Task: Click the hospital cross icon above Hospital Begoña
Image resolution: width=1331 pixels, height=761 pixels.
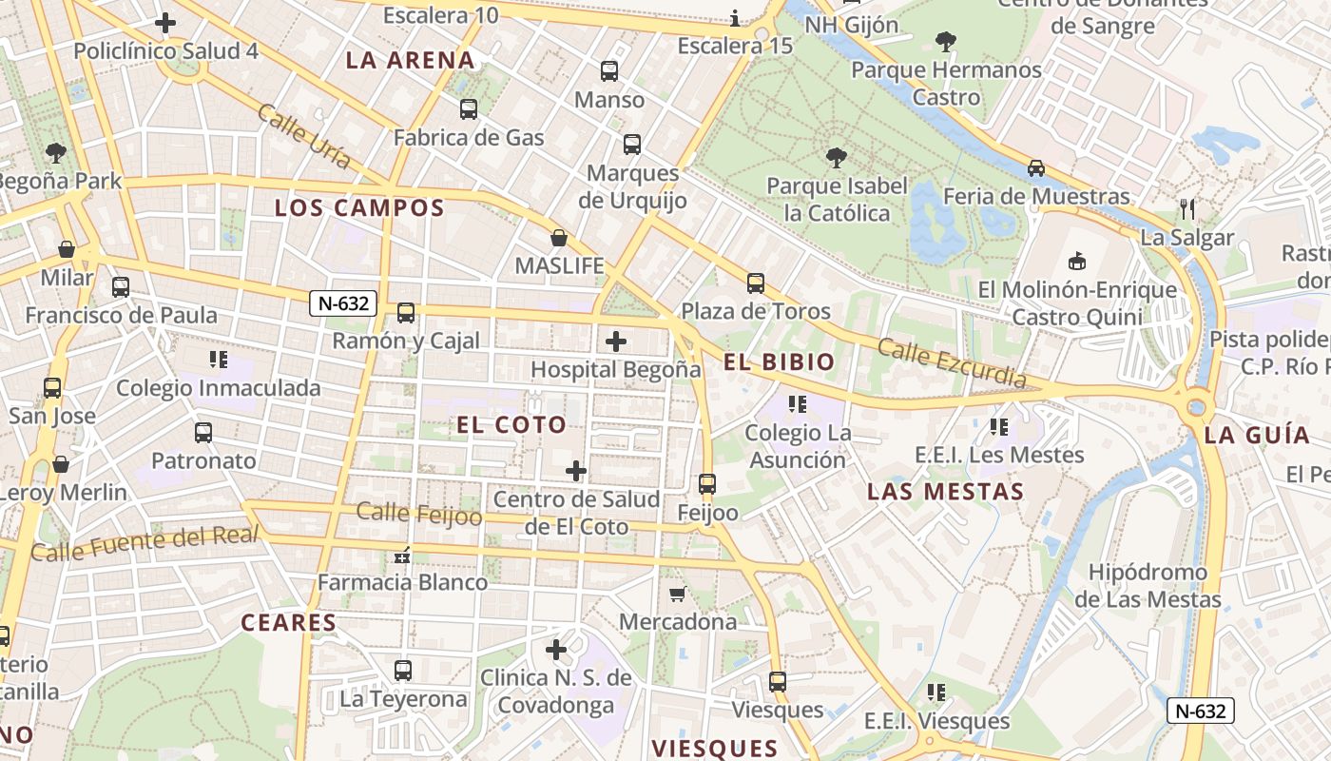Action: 616,341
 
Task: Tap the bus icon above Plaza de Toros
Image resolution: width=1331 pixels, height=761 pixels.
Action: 756,283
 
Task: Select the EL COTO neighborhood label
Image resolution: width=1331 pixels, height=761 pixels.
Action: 511,424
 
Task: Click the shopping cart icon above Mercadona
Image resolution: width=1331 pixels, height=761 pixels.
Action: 677,594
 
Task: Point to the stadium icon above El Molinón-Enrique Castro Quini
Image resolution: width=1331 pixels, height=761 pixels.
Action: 1077,261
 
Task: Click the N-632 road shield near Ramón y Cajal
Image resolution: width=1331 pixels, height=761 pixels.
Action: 343,304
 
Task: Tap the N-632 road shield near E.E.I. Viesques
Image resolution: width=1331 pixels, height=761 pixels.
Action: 1201,711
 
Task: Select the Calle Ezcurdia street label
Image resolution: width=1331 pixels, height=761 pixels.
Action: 952,362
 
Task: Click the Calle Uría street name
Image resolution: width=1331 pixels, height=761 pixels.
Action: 303,137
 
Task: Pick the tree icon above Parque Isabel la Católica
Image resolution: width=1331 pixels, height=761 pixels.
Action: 836,157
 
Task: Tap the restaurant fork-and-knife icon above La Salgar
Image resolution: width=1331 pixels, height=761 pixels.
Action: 1186,208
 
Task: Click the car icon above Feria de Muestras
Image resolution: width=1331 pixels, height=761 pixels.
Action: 1036,168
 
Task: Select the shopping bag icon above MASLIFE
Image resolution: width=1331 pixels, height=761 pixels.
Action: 559,237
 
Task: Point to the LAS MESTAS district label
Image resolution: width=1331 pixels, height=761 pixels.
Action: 945,492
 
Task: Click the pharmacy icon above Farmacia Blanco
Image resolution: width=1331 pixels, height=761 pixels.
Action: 402,555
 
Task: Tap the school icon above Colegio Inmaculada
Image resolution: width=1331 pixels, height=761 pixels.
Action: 219,360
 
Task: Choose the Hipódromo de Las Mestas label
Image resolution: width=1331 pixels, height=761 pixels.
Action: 1148,586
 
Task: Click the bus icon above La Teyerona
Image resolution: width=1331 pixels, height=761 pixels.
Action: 403,671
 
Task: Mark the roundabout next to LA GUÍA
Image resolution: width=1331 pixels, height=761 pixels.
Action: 1196,408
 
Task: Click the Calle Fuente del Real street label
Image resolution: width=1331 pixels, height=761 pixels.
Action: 145,543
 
